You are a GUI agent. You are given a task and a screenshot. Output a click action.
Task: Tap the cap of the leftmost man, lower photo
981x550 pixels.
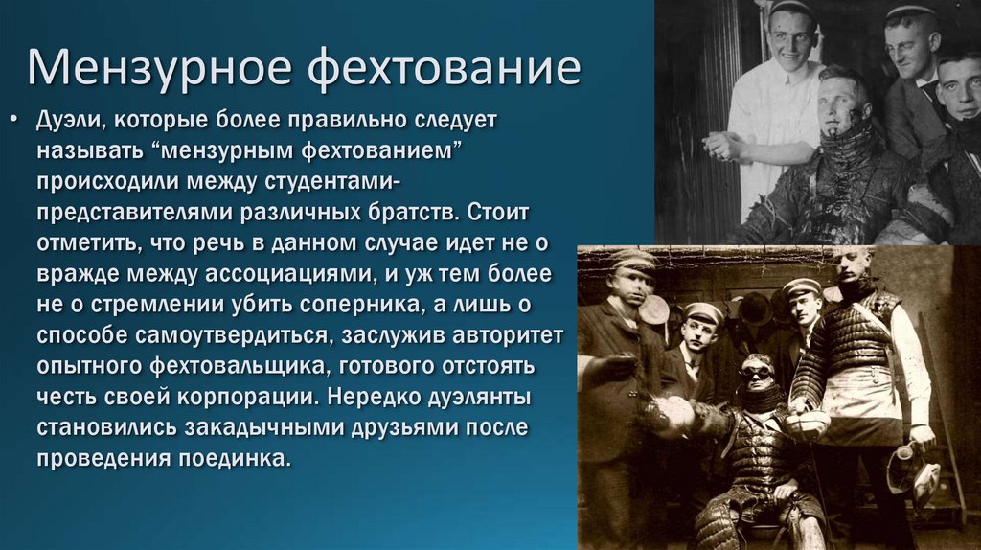pyautogui.click(x=631, y=260)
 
